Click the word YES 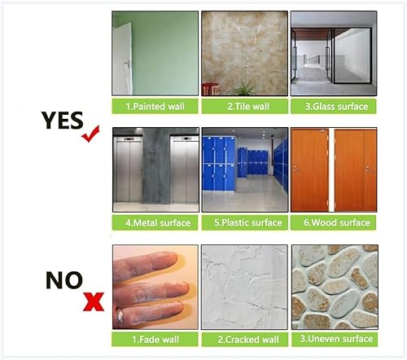coord(62,121)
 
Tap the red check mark coord(90,134)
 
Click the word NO coord(64,280)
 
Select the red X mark coord(94,301)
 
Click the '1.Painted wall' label coord(155,106)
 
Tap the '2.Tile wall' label coord(244,106)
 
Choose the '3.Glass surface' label coord(334,106)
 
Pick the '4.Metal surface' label coord(155,222)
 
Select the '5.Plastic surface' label coord(244,222)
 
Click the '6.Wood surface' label coord(334,222)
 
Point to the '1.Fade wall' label coord(155,339)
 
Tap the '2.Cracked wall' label coord(244,339)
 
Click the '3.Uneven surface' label coord(335,339)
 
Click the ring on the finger coord(120,317)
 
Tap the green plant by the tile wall coord(244,88)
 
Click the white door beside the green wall coord(123,59)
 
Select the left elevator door coord(128,170)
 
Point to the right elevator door coord(185,170)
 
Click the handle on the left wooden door coord(296,169)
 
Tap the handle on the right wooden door coord(367,169)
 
